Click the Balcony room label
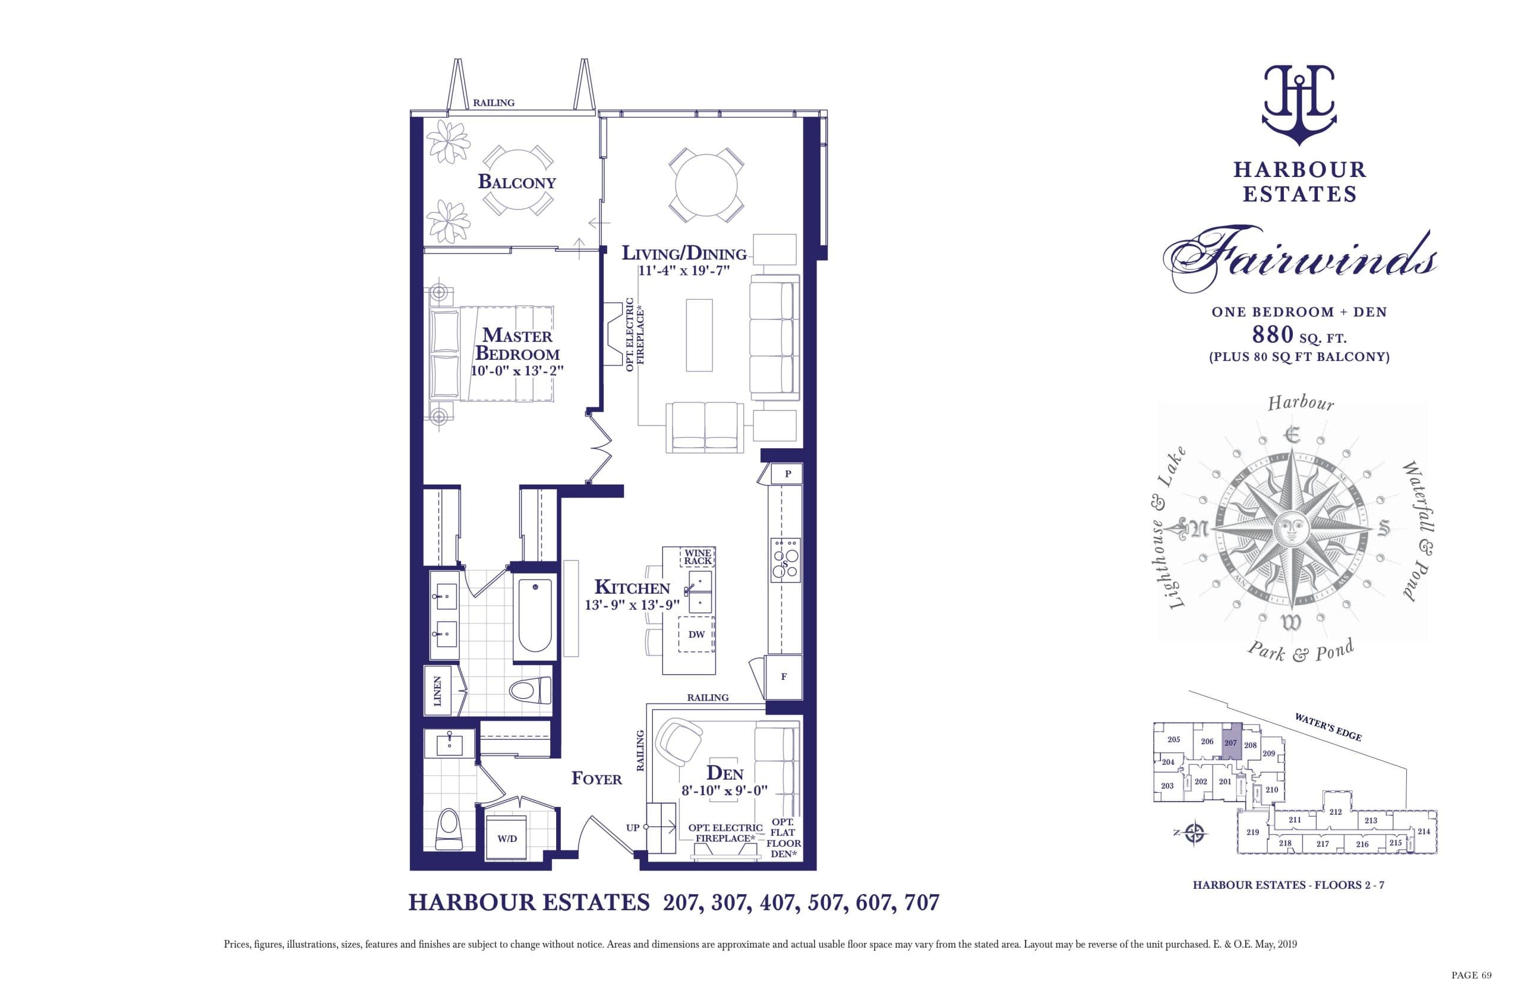coord(516,182)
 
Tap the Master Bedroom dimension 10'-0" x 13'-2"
coord(517,371)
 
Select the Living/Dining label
coord(684,254)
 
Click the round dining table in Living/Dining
coord(706,185)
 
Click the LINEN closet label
coord(438,691)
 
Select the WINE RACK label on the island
coord(698,556)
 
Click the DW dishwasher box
coord(696,634)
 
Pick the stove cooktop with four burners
coord(785,558)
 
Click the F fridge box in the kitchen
coord(784,676)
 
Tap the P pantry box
coord(787,474)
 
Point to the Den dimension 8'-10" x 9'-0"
coord(724,791)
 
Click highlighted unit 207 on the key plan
coord(1231,743)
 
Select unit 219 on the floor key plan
coord(1252,832)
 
